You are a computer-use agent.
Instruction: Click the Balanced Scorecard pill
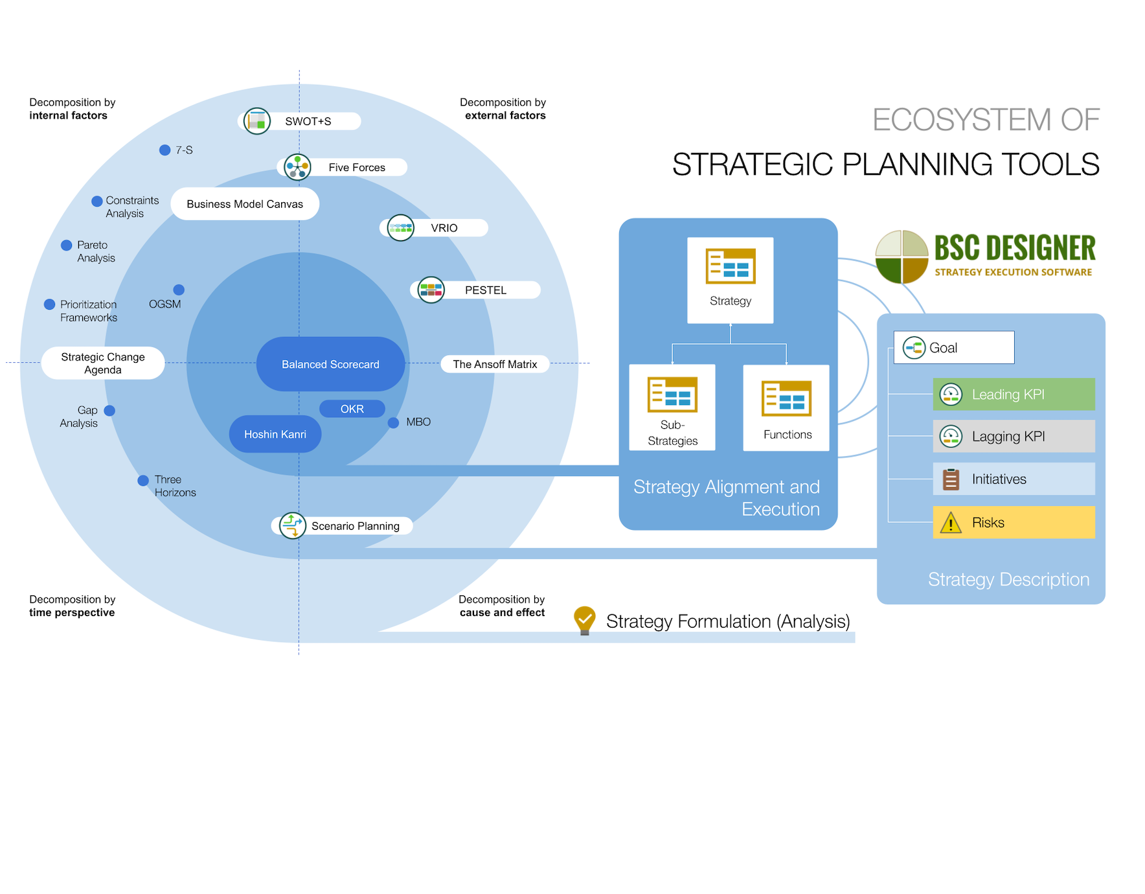click(330, 364)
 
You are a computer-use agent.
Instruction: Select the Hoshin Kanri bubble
click(275, 434)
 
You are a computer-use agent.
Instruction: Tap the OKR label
click(352, 409)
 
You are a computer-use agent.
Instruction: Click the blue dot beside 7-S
click(165, 150)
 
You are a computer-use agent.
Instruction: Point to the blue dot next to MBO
click(393, 423)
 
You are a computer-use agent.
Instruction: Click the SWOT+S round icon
click(257, 121)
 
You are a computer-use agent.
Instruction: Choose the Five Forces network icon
click(297, 167)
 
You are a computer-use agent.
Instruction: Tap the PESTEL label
click(486, 290)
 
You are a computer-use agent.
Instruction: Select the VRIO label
click(444, 228)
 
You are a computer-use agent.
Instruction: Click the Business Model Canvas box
click(245, 204)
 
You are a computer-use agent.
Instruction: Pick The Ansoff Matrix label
click(495, 364)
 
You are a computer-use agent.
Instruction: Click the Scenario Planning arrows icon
click(292, 525)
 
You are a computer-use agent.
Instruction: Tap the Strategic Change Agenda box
click(103, 363)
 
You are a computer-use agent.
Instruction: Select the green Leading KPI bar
click(1014, 395)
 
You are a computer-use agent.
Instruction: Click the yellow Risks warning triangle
click(951, 523)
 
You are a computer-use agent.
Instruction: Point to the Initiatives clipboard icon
click(951, 479)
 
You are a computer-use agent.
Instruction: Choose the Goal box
click(953, 348)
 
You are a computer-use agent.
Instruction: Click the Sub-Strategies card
click(672, 407)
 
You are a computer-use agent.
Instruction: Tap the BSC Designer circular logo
click(901, 257)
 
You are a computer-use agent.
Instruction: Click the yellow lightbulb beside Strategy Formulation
click(584, 620)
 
